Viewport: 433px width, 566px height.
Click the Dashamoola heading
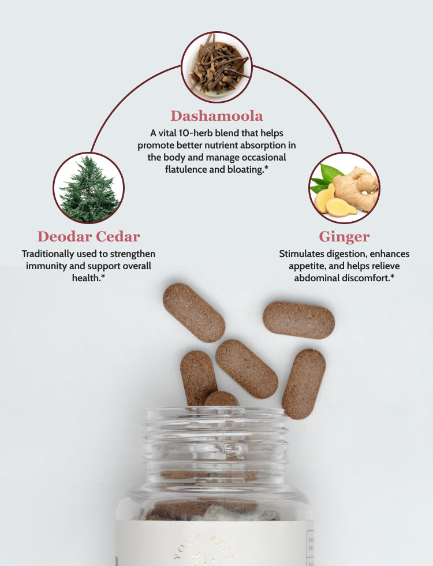click(x=216, y=116)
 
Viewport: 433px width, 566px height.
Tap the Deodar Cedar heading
click(x=89, y=236)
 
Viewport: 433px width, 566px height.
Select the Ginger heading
click(x=344, y=236)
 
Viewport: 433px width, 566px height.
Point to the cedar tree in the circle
click(x=89, y=188)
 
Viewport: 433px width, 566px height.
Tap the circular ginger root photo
click(x=345, y=188)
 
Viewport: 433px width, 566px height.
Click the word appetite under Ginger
click(x=308, y=266)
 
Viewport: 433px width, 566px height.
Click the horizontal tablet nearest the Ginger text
click(x=298, y=319)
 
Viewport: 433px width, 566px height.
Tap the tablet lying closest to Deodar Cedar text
click(x=193, y=312)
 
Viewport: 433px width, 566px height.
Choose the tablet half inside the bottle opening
click(x=221, y=400)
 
